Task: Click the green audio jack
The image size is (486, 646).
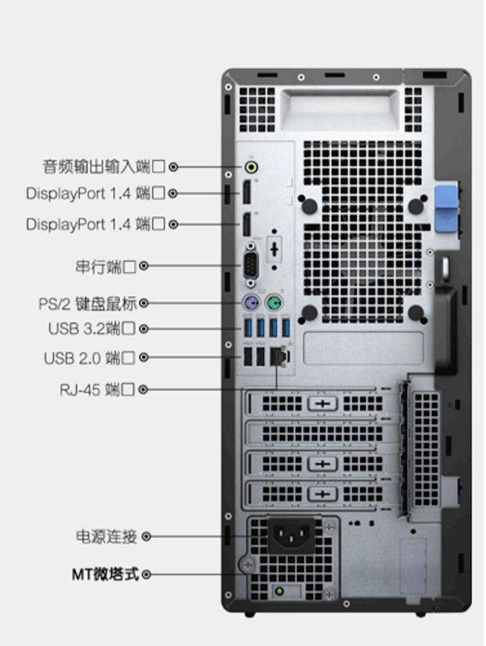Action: [x=252, y=167]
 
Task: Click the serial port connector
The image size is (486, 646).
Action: [x=251, y=265]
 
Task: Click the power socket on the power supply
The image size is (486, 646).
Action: [x=291, y=535]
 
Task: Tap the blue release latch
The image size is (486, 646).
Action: [x=446, y=208]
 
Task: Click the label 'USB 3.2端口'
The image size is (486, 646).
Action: [x=92, y=328]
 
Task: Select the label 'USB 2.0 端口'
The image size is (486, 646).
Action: [x=89, y=357]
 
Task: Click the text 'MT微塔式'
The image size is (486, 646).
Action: [x=106, y=574]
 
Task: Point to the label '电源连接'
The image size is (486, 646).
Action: [x=106, y=537]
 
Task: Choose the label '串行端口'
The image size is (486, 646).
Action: [x=106, y=267]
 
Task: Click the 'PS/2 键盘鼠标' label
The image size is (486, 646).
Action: [x=87, y=304]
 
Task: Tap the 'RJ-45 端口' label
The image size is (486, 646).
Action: [x=97, y=390]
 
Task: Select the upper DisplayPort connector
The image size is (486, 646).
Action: [x=246, y=193]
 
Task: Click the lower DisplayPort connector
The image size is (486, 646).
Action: [x=246, y=224]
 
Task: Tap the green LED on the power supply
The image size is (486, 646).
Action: [x=279, y=592]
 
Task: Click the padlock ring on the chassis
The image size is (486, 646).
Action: [x=445, y=267]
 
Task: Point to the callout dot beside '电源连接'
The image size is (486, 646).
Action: [x=146, y=537]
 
